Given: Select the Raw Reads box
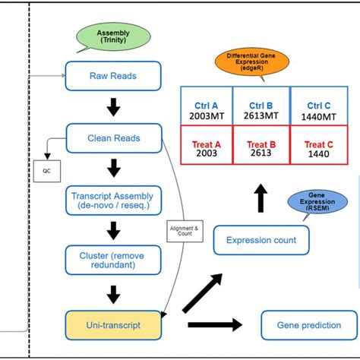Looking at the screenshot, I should [113, 76].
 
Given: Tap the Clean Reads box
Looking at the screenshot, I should [113, 138].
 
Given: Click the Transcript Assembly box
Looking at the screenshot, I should [113, 199].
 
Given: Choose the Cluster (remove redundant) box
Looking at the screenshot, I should [113, 261].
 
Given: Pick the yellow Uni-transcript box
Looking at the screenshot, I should [113, 324].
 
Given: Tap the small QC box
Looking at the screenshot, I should [45, 171].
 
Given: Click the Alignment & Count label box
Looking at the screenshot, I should [180, 230].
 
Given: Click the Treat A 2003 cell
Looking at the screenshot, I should [205, 147].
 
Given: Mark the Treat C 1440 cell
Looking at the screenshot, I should [319, 147].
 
